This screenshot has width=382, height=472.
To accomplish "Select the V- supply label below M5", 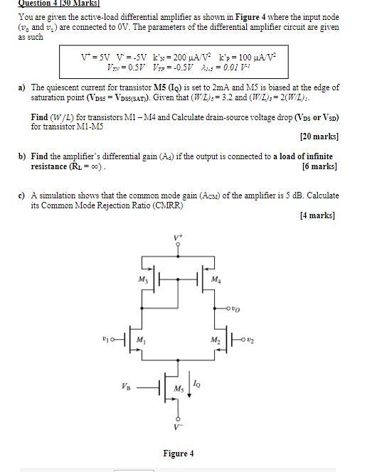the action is point(177,427).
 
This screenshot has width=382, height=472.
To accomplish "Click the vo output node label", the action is point(236,309).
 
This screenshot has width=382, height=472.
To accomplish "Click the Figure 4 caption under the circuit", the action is point(177,453).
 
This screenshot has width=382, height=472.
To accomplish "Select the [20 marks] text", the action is point(319,136).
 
